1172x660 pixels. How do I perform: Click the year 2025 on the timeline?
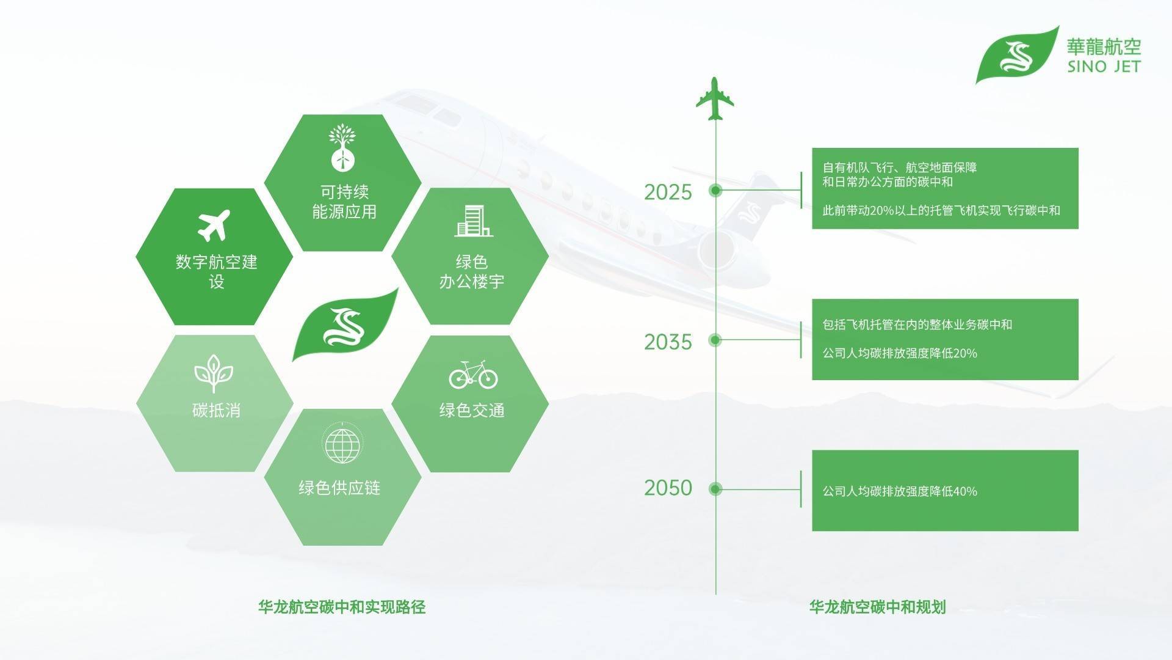668,192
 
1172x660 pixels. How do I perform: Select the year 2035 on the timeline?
668,342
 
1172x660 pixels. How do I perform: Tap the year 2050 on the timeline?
668,488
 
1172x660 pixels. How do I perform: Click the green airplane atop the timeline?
715,99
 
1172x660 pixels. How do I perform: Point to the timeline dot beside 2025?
715,191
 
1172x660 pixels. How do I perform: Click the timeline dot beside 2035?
715,340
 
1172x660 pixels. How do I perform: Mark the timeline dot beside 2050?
715,489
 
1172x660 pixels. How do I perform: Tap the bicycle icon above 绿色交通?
473,374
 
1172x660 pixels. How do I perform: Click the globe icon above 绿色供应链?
342,444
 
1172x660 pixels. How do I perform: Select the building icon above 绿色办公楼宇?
474,221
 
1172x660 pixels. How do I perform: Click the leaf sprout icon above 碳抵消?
214,373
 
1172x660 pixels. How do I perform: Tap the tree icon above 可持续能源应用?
342,147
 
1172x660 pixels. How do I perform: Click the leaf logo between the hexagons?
345,324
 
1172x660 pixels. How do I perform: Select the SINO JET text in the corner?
1104,67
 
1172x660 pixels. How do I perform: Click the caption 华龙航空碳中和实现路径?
342,607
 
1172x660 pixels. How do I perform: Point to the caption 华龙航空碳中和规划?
877,607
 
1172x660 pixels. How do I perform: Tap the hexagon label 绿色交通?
472,410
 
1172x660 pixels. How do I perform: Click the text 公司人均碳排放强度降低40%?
900,491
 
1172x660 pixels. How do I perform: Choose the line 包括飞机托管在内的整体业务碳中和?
917,324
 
